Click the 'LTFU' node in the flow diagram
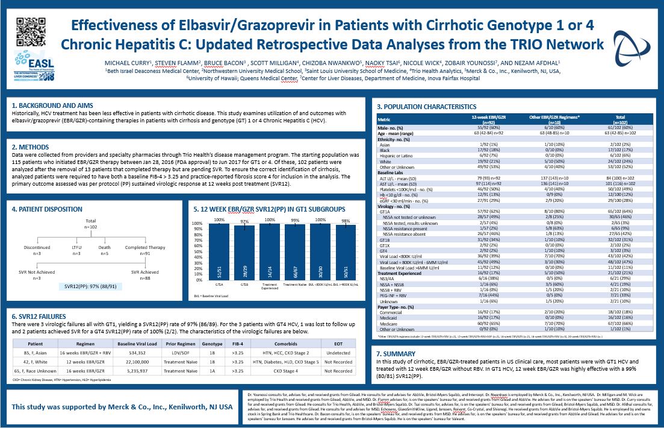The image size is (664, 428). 76,248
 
